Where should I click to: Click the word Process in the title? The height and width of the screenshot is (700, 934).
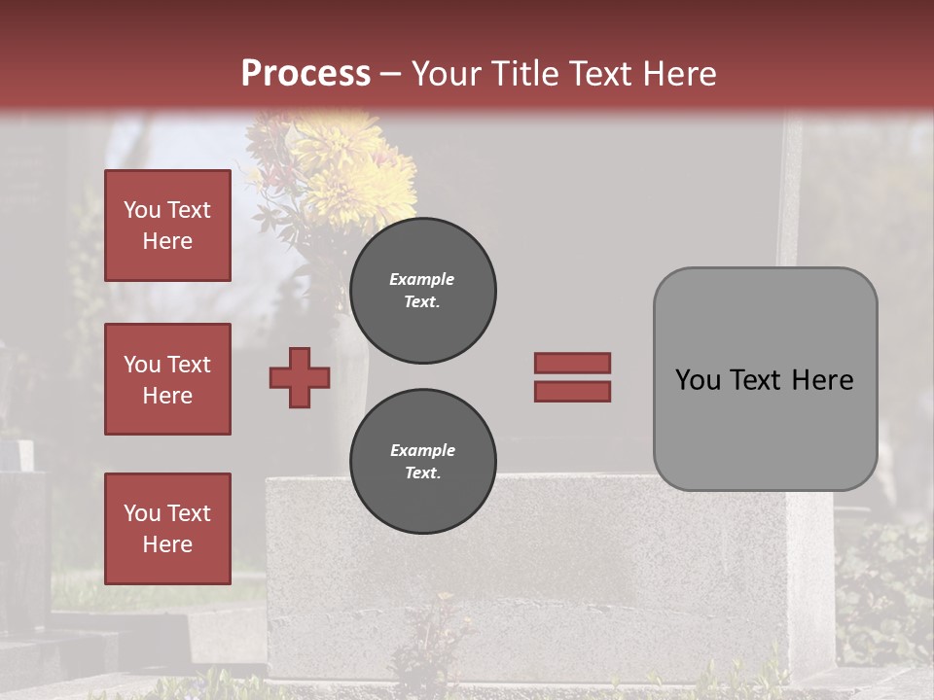click(x=305, y=74)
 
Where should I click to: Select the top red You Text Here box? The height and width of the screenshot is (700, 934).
click(x=167, y=226)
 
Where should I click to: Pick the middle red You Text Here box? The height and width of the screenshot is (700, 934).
click(x=167, y=379)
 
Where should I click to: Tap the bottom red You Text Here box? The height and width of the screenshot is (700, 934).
click(x=167, y=529)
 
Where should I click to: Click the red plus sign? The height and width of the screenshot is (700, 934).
click(x=300, y=377)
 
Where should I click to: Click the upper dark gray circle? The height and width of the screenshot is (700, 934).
click(x=423, y=290)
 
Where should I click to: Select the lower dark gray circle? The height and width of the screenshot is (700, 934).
click(x=423, y=461)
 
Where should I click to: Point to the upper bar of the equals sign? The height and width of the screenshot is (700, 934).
click(x=572, y=363)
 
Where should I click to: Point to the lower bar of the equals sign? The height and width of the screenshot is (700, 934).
click(x=572, y=391)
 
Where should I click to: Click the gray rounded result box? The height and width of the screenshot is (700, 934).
click(x=765, y=379)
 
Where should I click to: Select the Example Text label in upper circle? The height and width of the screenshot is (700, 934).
click(x=422, y=290)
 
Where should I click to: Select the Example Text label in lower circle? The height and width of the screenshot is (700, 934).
click(x=422, y=461)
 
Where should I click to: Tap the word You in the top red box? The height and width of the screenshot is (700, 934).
click(x=142, y=210)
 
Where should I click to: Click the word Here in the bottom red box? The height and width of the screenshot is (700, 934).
click(x=167, y=544)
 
